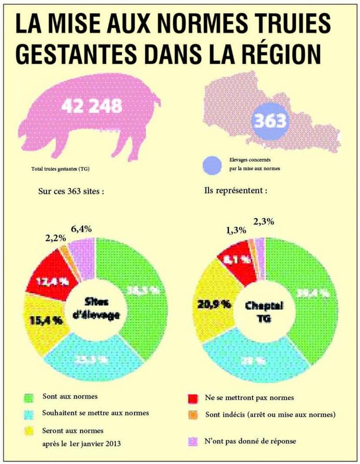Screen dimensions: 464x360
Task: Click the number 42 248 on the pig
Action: pyautogui.click(x=91, y=106)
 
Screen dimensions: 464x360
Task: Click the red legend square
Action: pyautogui.click(x=192, y=398)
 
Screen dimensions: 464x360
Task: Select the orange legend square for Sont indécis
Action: pyautogui.click(x=192, y=415)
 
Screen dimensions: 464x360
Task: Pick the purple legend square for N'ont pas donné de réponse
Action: pyautogui.click(x=192, y=440)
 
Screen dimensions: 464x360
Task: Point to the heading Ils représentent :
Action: pyautogui.click(x=236, y=189)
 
